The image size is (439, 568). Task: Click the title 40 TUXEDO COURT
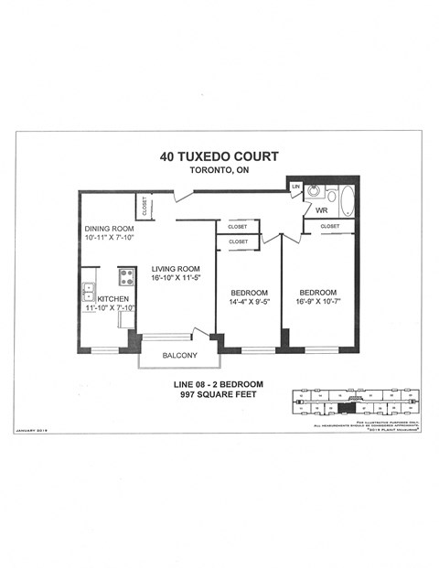click(x=218, y=156)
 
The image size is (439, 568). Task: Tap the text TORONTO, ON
click(x=218, y=171)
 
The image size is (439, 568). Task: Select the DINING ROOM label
click(x=109, y=229)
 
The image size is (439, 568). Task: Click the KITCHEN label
click(x=112, y=299)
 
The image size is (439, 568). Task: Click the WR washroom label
click(x=321, y=211)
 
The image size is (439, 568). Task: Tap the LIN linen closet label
click(x=295, y=188)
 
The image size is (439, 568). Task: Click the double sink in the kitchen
click(x=90, y=293)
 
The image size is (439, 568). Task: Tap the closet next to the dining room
click(x=145, y=207)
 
